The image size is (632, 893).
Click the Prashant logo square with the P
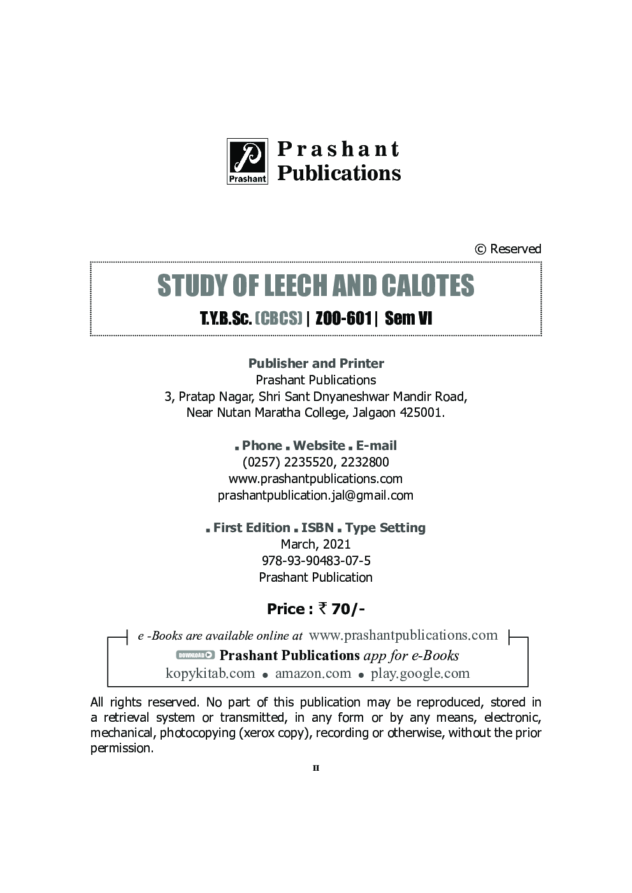[x=247, y=161]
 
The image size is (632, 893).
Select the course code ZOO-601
[x=343, y=318]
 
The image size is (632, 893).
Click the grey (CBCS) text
[x=278, y=318]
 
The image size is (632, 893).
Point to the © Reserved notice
[x=508, y=249]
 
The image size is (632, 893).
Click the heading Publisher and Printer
[x=316, y=363]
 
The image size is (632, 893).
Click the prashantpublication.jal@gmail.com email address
[x=315, y=495]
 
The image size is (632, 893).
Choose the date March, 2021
[x=315, y=544]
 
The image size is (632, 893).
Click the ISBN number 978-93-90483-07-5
[x=315, y=561]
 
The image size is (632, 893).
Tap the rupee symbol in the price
[x=323, y=608]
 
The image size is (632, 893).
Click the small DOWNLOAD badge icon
[x=195, y=655]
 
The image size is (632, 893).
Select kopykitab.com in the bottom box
[x=210, y=673]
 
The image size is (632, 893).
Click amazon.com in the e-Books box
[x=313, y=673]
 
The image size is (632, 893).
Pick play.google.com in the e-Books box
[x=420, y=673]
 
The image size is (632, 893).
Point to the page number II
[x=316, y=768]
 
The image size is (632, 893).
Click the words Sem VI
[x=408, y=318]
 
